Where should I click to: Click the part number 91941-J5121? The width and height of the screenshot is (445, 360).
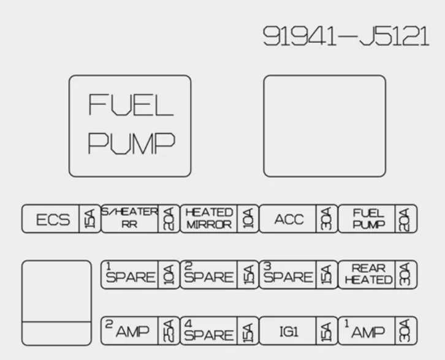[346, 36]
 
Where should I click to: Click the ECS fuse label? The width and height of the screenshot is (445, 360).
[53, 220]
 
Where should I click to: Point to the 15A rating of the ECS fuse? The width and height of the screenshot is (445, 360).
[89, 219]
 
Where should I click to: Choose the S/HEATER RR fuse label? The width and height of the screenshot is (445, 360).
[129, 218]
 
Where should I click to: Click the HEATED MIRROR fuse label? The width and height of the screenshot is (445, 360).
[209, 218]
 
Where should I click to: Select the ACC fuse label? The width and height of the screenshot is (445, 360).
[289, 219]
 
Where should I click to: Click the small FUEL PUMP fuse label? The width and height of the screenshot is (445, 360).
[368, 218]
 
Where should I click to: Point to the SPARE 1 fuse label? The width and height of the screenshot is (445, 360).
[131, 274]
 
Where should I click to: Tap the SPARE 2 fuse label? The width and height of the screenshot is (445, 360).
[209, 274]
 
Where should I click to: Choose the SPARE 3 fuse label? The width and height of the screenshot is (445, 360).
[288, 274]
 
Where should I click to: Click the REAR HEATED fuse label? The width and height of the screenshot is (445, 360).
[368, 274]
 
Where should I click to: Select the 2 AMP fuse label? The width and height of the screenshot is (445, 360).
[127, 329]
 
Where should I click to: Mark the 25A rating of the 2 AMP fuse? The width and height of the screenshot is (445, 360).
[169, 331]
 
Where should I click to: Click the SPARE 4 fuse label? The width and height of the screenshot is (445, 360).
[209, 330]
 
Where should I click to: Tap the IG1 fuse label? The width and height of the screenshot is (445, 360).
[289, 332]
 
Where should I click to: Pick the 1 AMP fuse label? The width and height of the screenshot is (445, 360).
[365, 329]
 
